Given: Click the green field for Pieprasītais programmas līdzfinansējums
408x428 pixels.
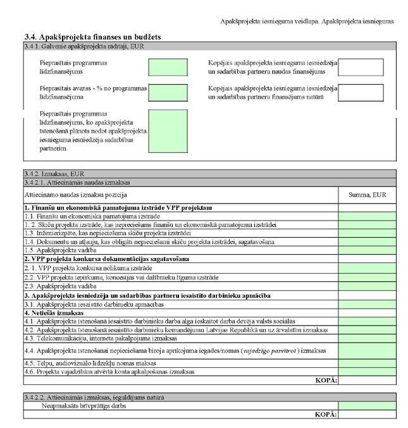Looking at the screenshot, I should click(x=167, y=67).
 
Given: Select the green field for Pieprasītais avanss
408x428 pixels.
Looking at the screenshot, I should click(x=167, y=92).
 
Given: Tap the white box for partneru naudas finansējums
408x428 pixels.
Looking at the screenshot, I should click(x=361, y=67).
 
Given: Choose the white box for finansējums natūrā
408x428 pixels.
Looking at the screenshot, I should click(x=361, y=92).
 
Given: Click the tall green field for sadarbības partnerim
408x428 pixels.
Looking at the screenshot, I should click(x=167, y=131).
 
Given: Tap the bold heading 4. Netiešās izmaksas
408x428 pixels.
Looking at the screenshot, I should click(x=54, y=312).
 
